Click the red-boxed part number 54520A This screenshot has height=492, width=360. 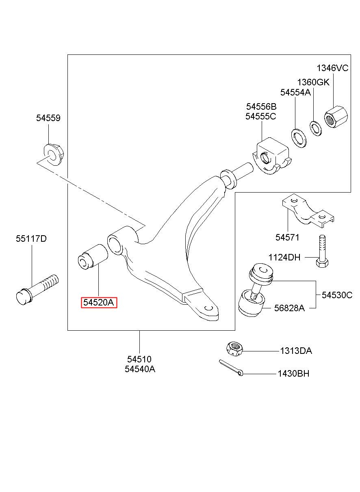coord(99,303)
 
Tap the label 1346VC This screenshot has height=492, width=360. coord(332,68)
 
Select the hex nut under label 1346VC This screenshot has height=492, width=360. coord(336,117)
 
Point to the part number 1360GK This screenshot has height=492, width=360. coord(313,82)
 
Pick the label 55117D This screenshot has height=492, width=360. coord(31,238)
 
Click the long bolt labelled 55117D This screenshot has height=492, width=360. coord(37,290)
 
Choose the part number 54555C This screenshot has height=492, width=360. coord(260,117)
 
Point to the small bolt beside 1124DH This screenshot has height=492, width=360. coord(322,251)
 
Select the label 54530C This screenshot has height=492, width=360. coord(337,295)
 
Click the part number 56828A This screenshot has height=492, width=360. coord(289,308)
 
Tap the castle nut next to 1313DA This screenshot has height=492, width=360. coord(234,349)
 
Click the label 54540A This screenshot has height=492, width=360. coord(140,369)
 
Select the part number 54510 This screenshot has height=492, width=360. coord(139,359)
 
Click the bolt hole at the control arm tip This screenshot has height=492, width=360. coord(208,308)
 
